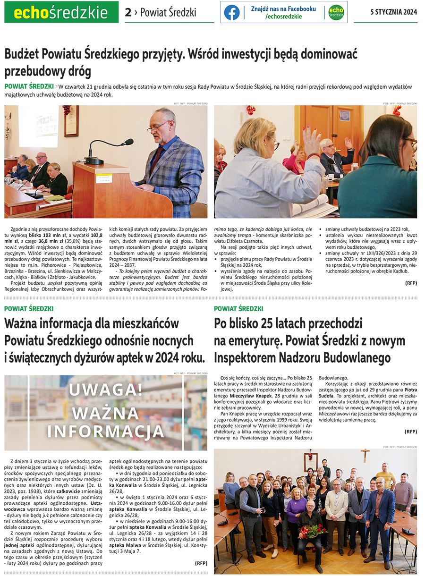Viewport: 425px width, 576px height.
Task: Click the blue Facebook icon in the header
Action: (232, 12)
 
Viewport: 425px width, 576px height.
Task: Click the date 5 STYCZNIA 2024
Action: (393, 12)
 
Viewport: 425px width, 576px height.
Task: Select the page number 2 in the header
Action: (128, 13)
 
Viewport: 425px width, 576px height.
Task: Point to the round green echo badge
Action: (336, 12)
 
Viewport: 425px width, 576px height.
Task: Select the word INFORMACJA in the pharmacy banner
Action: (105, 431)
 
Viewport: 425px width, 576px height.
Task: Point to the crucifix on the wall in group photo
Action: (365, 455)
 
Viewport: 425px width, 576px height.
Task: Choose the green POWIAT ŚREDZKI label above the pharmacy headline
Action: (29, 308)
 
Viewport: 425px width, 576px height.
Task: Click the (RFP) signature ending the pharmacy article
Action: (201, 563)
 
